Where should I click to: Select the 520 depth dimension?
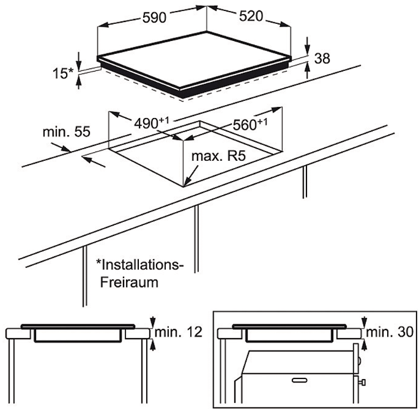coord(251,17)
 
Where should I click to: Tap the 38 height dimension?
coord(322,59)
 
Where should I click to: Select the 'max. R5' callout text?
coord(219,157)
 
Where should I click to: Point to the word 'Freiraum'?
coord(128,282)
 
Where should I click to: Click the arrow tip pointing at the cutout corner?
coord(186,183)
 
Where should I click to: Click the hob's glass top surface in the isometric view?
coord(196,61)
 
